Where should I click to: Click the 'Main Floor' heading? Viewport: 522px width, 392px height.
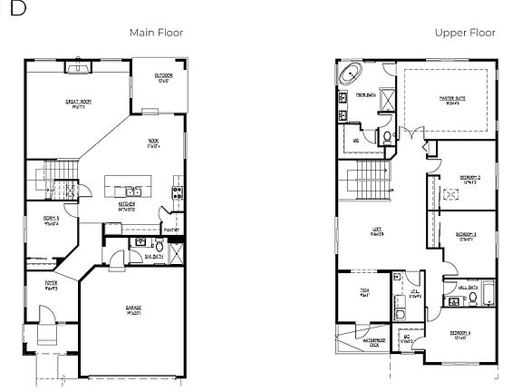(156, 33)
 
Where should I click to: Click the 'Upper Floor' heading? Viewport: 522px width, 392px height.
(464, 33)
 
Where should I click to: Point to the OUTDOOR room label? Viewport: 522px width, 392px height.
(163, 77)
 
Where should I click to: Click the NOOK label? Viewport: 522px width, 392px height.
(153, 142)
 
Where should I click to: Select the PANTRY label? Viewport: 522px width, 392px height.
(172, 230)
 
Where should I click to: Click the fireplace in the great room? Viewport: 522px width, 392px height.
(77, 67)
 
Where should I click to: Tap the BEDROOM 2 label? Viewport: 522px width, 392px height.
(468, 179)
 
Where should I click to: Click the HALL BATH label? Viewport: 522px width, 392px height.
(468, 287)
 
